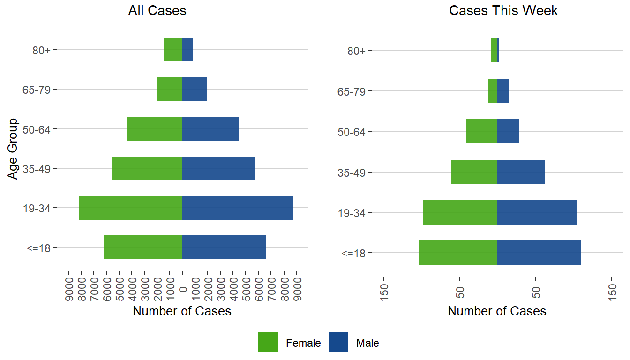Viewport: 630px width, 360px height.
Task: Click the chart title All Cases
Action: [157, 11]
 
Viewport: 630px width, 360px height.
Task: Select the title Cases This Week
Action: [503, 11]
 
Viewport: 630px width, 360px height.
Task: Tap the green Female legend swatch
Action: [268, 342]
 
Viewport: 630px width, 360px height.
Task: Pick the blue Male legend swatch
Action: [338, 342]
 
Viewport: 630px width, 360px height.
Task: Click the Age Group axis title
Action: [13, 148]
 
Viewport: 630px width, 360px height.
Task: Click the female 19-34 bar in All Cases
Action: [131, 208]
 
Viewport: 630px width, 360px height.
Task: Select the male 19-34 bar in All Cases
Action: [238, 208]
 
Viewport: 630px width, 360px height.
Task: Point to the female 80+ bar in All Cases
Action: [173, 49]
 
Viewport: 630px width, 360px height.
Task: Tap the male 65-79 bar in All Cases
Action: [195, 89]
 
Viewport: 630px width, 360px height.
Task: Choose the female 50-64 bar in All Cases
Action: [155, 128]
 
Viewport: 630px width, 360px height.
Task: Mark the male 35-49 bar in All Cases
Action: [218, 168]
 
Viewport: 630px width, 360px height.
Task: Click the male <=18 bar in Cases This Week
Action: [539, 253]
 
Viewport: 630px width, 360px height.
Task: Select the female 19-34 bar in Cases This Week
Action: [460, 212]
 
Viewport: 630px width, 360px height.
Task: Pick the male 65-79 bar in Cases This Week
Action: [503, 91]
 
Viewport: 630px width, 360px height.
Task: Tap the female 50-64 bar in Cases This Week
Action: [482, 131]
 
